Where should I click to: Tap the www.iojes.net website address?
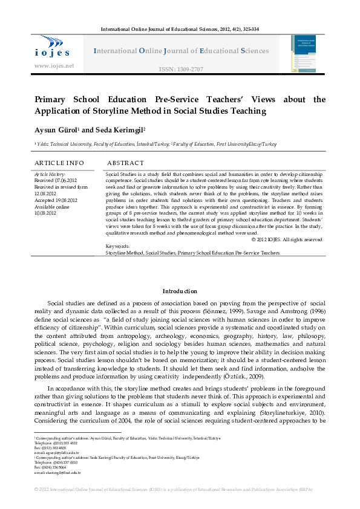54,66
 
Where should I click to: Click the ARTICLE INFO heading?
59,163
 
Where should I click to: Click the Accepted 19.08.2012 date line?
56,200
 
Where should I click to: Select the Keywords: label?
117,247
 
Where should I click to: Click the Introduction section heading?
180,291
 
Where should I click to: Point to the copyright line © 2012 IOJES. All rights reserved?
286,240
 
